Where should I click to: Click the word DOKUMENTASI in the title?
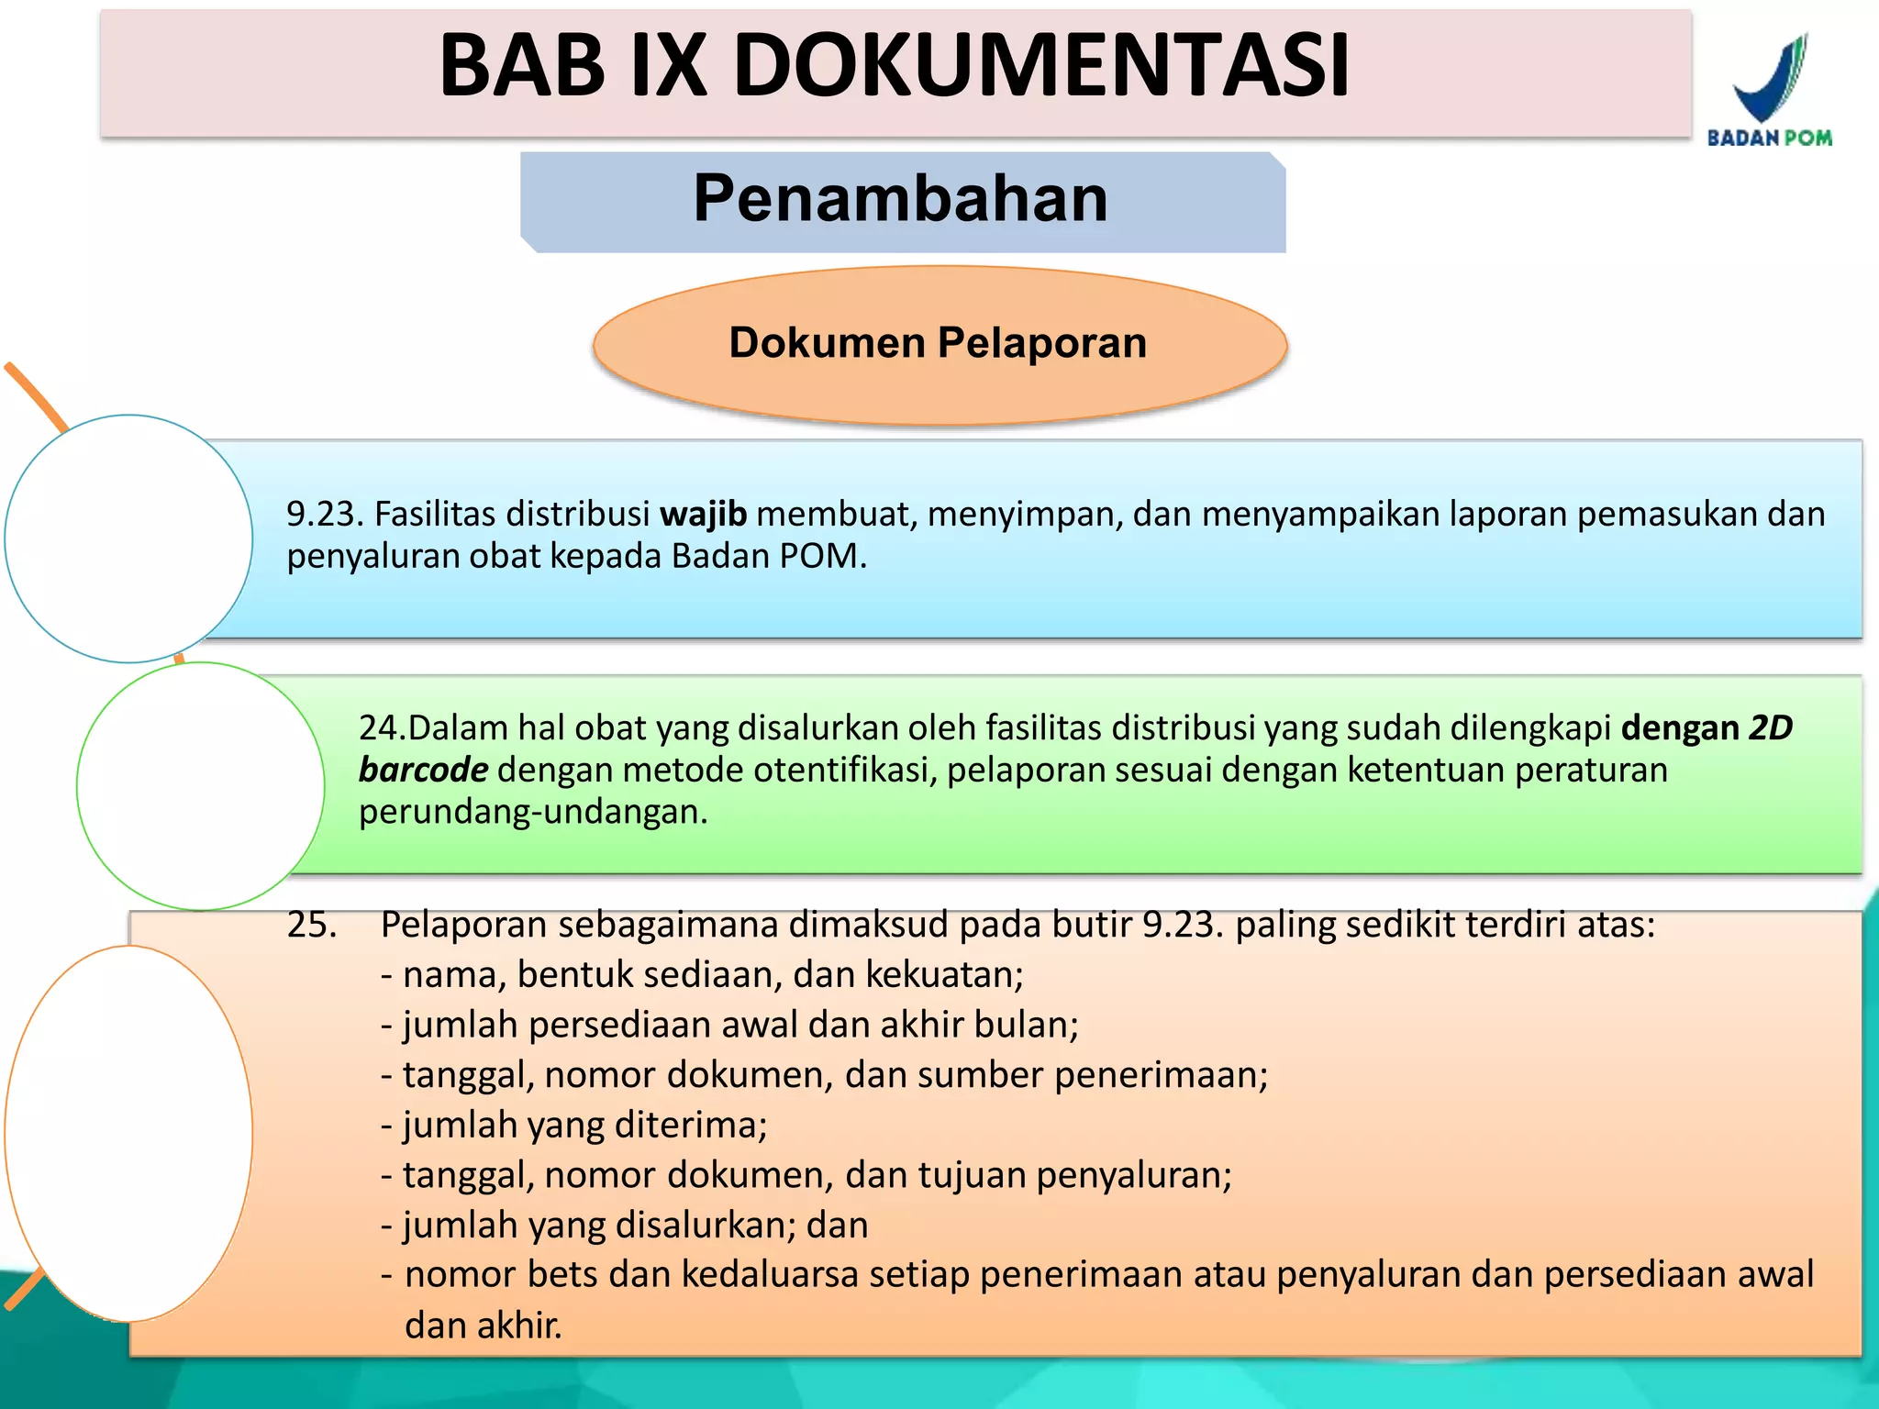(1041, 66)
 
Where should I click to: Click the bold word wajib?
(703, 515)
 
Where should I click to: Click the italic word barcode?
(423, 771)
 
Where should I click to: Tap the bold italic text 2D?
(1770, 728)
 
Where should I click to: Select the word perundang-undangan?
(532, 813)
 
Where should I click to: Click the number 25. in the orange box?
(312, 925)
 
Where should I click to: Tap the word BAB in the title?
(522, 66)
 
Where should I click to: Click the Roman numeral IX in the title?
(670, 66)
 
